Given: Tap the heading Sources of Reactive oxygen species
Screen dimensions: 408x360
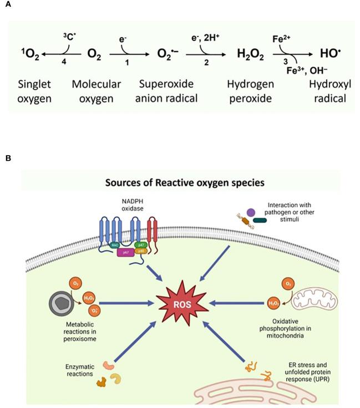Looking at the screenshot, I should [180, 182].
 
